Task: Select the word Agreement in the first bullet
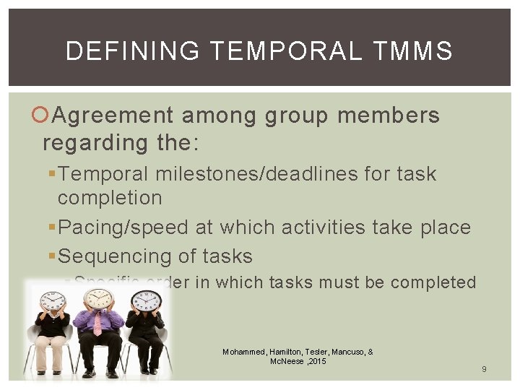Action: pos(113,116)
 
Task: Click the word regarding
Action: pos(95,142)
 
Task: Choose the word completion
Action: pos(110,197)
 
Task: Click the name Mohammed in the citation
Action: pos(243,352)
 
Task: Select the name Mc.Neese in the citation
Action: pos(286,361)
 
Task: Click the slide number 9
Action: pos(484,370)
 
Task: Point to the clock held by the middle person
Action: pos(98,298)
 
